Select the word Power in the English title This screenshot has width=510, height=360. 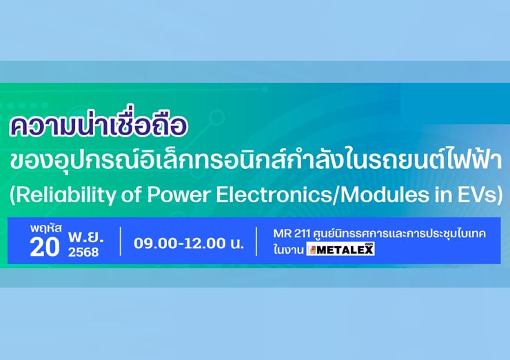pos(178,195)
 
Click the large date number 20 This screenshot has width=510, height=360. pos(45,248)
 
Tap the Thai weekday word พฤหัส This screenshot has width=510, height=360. pos(46,228)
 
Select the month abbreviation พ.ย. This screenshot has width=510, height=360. pos(85,238)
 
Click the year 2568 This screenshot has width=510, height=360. pos(83,252)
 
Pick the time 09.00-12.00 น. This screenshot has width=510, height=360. pos(189,243)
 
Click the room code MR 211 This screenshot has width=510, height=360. pos(292,234)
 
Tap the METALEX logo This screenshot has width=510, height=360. pos(340,249)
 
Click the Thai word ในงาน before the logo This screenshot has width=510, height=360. pos(289,250)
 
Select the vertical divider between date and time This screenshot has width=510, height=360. pos(121,241)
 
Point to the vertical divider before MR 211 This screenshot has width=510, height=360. pos(256,241)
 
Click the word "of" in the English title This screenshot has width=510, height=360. pos(132,194)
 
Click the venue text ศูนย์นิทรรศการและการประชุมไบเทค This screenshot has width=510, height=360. pos(400,234)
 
